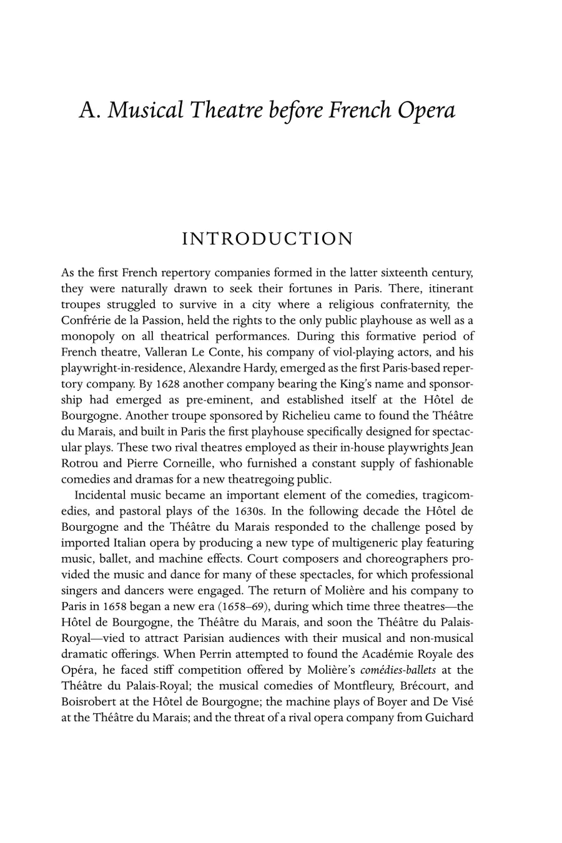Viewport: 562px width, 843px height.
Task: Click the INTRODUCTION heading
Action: tap(267, 239)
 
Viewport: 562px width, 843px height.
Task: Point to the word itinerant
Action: tap(448, 288)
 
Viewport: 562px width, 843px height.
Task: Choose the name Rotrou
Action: tap(81, 464)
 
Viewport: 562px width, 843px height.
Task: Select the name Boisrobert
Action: tap(91, 702)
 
